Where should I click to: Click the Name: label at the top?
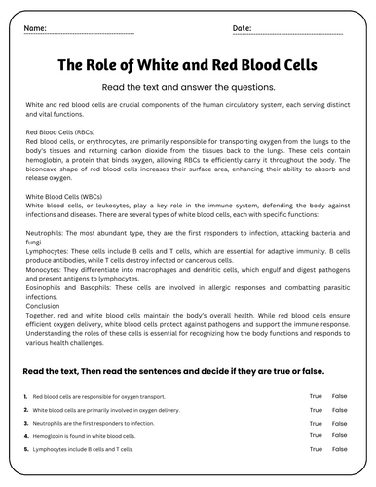click(x=34, y=29)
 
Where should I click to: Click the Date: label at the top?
click(x=243, y=29)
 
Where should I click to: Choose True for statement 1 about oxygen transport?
click(x=316, y=396)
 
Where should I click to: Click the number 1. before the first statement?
click(x=23, y=397)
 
